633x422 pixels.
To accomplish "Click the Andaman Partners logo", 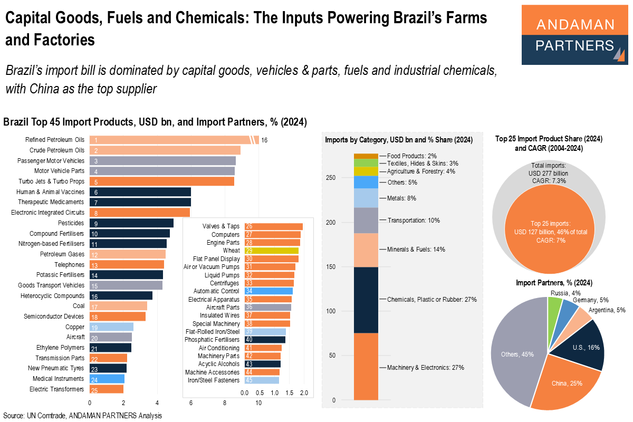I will [574, 35].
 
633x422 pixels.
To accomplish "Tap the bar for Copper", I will [111, 327].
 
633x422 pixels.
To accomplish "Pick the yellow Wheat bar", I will [272, 251].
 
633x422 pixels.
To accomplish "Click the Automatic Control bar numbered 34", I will [268, 291].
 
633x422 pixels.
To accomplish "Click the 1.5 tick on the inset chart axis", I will [289, 393].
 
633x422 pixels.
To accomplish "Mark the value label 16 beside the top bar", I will [264, 140].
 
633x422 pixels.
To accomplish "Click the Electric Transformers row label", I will [57, 389].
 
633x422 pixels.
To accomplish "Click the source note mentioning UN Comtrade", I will [82, 416].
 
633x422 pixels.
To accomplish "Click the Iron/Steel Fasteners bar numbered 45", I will [262, 380].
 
